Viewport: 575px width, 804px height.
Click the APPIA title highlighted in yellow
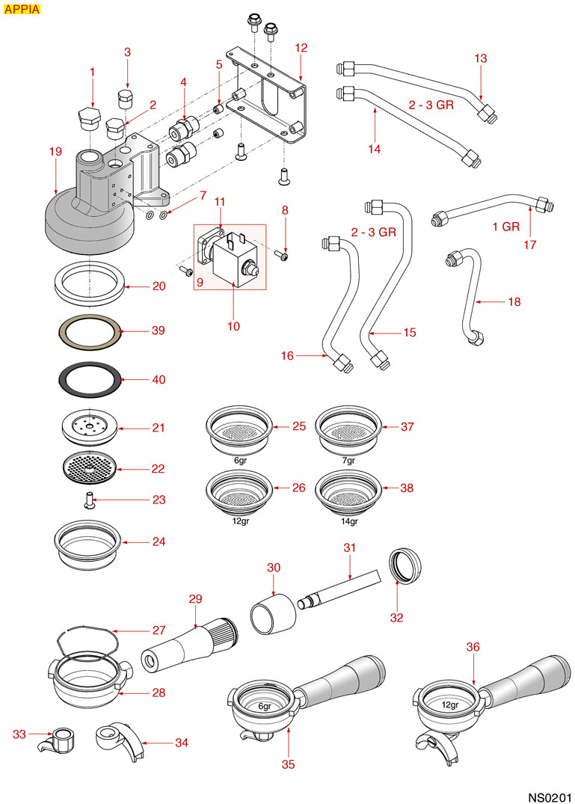22,9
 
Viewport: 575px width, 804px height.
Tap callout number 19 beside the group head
55,152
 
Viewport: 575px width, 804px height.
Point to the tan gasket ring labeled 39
89,329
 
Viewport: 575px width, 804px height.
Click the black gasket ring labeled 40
89,378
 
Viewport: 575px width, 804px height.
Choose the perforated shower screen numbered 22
89,469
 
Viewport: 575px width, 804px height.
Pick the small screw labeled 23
89,499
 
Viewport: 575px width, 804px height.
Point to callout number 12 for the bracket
301,48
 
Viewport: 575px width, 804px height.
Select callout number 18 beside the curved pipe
514,302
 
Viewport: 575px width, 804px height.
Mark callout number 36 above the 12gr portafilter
473,646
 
